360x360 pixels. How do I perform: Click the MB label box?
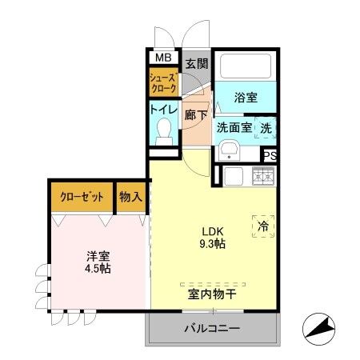pyautogui.click(x=162, y=58)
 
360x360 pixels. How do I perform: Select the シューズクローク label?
pyautogui.click(x=163, y=84)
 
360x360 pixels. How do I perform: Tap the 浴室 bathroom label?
pyautogui.click(x=246, y=98)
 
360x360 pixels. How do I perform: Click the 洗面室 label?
pyautogui.click(x=234, y=127)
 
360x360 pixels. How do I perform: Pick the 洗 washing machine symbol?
pyautogui.click(x=266, y=126)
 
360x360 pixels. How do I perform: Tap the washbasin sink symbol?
pyautogui.click(x=228, y=150)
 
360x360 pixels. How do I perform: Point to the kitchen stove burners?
pyautogui.click(x=263, y=175)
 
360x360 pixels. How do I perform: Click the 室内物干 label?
pyautogui.click(x=212, y=294)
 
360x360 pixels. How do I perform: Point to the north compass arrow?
pyautogui.click(x=320, y=326)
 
